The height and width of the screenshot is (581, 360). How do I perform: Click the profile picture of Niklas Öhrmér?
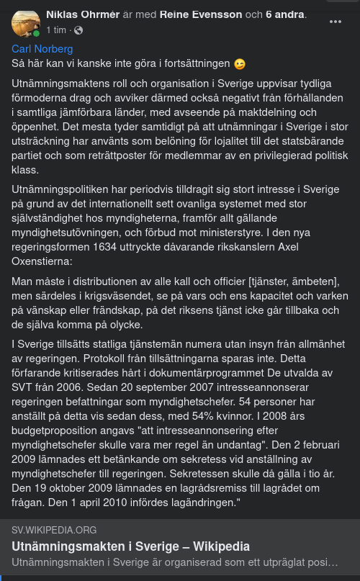pyautogui.click(x=25, y=24)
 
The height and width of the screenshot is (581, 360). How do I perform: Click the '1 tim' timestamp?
pyautogui.click(x=57, y=30)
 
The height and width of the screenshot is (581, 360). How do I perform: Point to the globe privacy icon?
pyautogui.click(x=78, y=30)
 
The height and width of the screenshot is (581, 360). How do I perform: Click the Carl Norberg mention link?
pyautogui.click(x=42, y=49)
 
